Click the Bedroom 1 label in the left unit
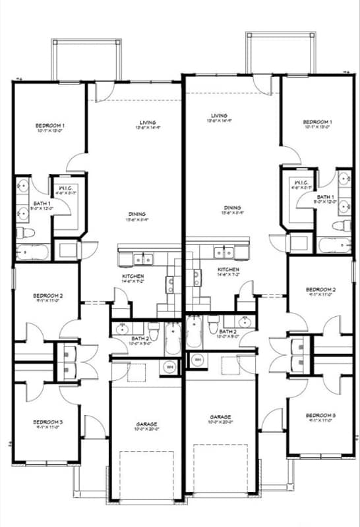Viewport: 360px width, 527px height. [50, 125]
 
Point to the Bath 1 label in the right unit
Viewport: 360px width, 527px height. [325, 196]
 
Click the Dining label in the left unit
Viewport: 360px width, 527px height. [137, 214]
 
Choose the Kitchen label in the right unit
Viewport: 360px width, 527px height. [228, 270]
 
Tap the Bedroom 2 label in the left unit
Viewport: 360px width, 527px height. [48, 296]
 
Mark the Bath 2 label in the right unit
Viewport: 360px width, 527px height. [228, 332]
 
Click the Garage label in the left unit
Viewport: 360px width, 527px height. [146, 424]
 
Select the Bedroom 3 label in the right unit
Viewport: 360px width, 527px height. [320, 415]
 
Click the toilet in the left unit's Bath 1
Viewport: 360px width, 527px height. [20, 233]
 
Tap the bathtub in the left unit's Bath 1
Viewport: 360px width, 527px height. [30, 251]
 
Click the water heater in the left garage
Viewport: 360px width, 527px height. [169, 366]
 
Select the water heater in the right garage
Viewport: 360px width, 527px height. [196, 360]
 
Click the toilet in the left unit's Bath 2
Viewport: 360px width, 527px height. [153, 326]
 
